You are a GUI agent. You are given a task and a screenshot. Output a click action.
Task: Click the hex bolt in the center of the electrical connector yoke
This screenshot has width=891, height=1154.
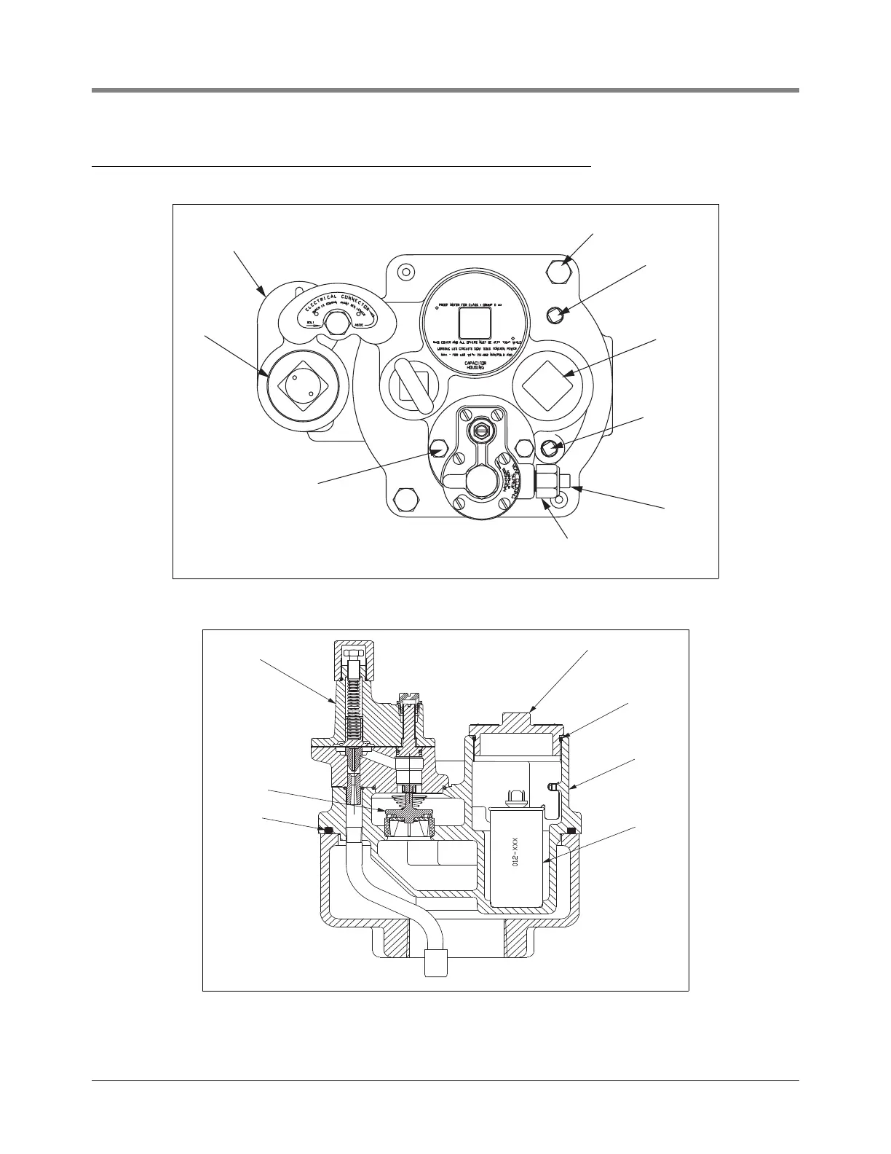click(336, 323)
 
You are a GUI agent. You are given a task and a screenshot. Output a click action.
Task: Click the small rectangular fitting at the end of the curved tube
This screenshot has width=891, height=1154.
click(435, 962)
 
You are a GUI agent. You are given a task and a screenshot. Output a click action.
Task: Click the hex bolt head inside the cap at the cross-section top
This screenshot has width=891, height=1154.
click(352, 651)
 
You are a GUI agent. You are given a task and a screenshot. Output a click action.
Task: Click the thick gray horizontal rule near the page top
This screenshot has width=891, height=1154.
click(445, 90)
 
